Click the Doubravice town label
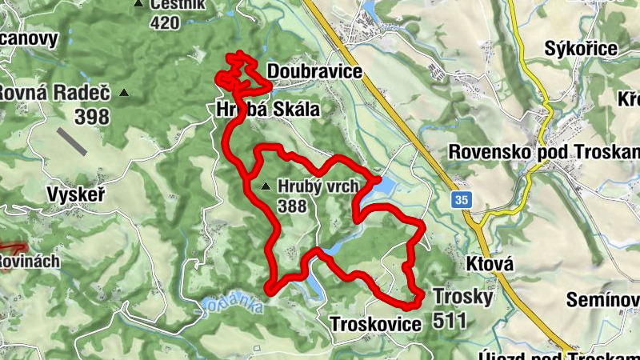pos(314,72)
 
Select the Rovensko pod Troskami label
pos(544,151)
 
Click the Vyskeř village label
pos(77,194)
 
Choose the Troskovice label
pos(374,324)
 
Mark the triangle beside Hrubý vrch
pos(266,187)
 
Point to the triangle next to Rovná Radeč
pos(123,93)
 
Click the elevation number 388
pos(293,206)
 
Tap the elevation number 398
pos(91,117)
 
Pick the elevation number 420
pos(164,22)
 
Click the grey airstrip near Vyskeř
pos(74,142)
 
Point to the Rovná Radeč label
pos(54,92)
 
